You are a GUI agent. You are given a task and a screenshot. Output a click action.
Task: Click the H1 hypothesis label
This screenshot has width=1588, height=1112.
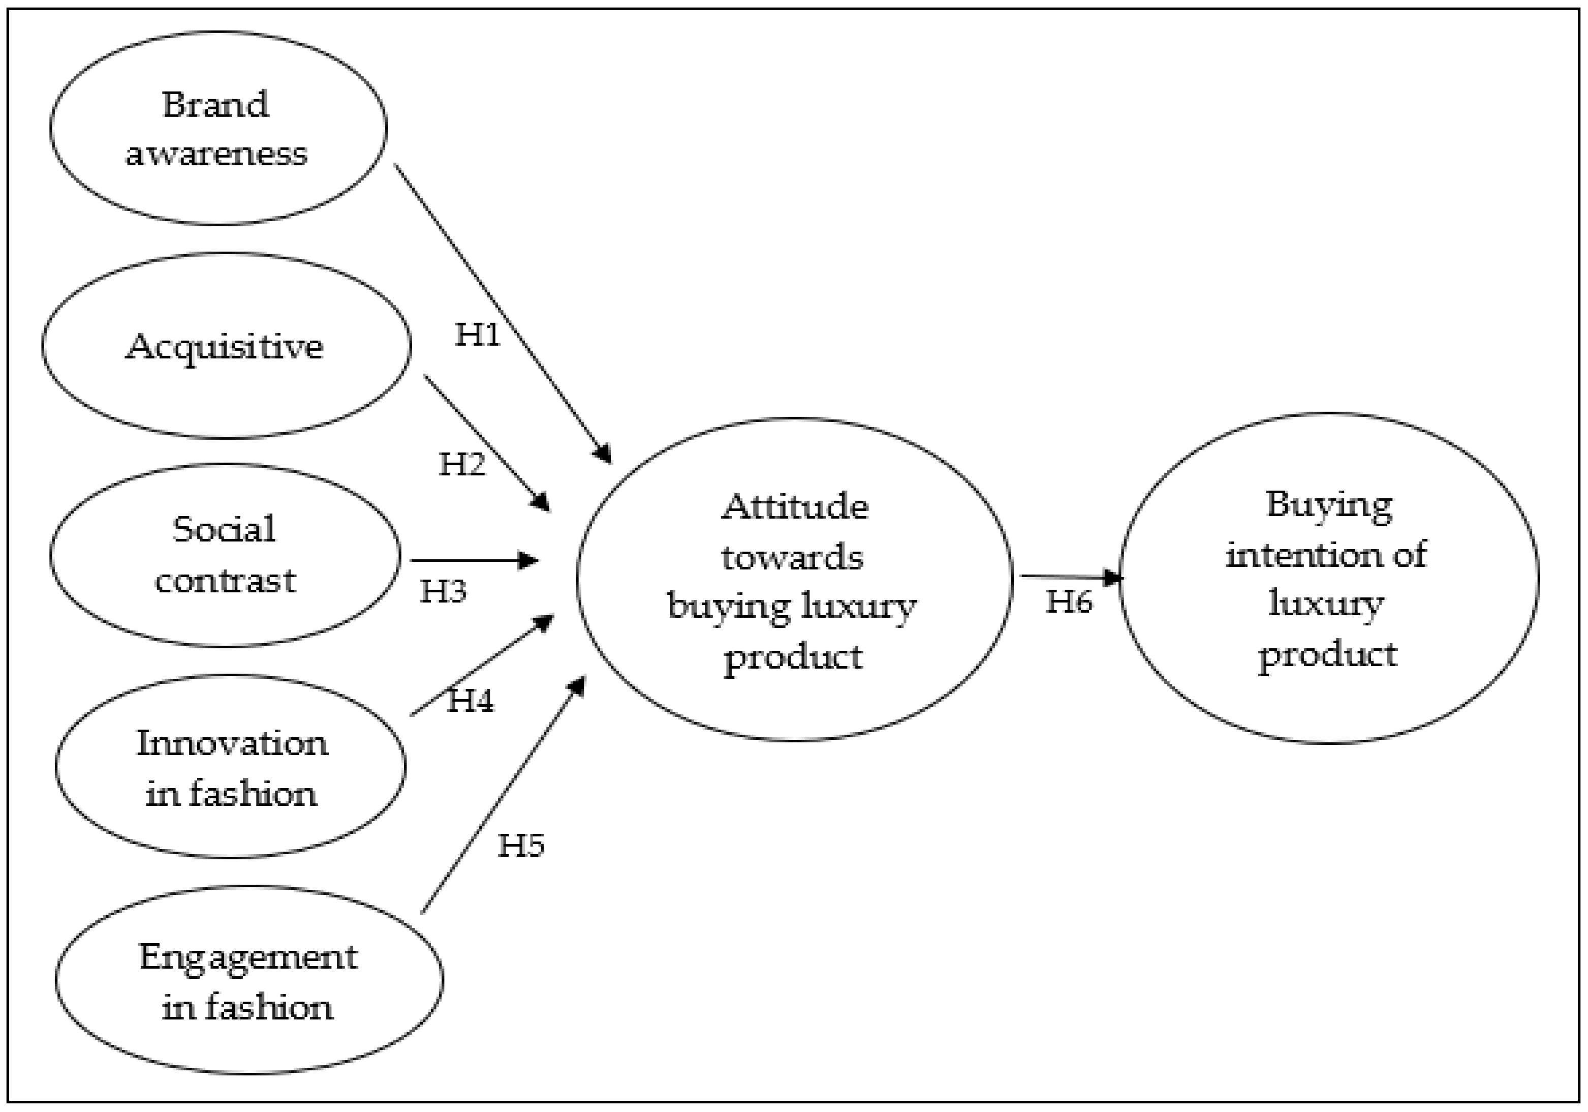(x=477, y=335)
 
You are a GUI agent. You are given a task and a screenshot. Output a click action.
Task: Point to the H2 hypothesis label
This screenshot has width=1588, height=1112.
(x=462, y=464)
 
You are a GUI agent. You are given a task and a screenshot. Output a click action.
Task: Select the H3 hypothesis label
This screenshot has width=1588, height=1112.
(x=443, y=591)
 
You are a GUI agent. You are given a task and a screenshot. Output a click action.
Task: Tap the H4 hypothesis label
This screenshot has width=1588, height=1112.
(x=471, y=701)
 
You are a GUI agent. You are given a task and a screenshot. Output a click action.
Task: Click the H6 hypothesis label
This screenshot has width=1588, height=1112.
(x=1069, y=602)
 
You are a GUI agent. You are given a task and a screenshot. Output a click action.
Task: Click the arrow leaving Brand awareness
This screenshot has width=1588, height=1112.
(x=502, y=311)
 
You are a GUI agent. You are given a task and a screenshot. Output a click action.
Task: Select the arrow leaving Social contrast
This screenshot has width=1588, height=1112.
(x=474, y=560)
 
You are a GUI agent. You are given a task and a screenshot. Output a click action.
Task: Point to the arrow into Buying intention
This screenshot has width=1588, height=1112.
(x=1069, y=577)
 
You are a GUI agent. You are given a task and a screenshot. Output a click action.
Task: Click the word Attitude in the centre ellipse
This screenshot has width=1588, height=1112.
(x=795, y=507)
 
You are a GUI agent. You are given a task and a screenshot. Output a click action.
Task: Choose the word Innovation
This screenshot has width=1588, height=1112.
(x=232, y=744)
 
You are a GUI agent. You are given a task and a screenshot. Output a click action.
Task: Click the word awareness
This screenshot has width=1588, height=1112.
(x=216, y=154)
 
